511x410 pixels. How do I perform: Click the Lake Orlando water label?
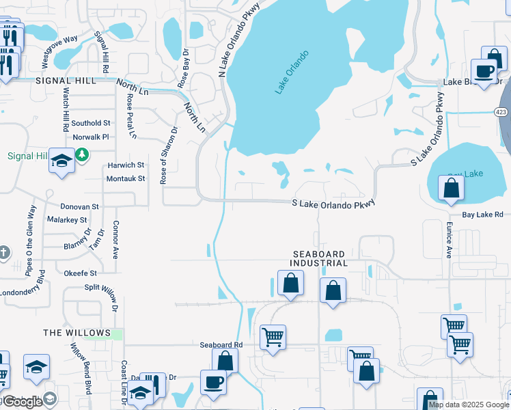pos(292,72)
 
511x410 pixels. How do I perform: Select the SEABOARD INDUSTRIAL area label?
pos(318,258)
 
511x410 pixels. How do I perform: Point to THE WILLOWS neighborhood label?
pos(77,333)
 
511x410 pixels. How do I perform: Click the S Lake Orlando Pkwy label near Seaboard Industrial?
pos(333,204)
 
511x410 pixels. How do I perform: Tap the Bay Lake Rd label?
pos(482,215)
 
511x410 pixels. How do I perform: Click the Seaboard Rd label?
pos(221,345)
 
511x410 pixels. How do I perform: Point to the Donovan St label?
pos(80,206)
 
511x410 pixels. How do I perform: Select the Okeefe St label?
pos(81,273)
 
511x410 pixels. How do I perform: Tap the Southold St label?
pos(91,123)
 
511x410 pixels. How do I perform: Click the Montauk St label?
pos(126,178)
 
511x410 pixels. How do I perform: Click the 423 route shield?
pos(503,111)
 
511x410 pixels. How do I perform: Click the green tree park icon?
pos(82,154)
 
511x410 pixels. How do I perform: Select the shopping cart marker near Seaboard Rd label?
pos(273,337)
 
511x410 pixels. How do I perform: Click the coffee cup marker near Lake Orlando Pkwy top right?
pos(484,70)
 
